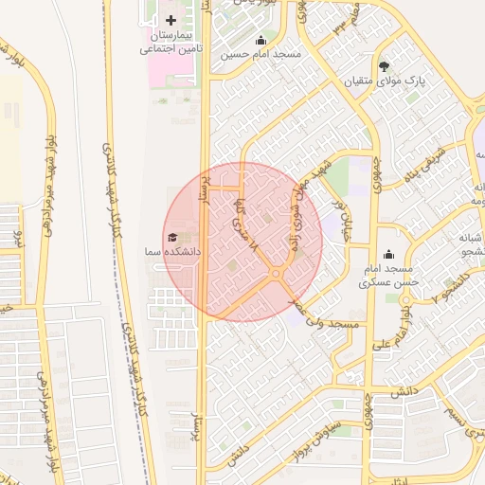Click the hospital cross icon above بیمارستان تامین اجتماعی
(x=171, y=20)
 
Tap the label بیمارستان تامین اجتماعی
(x=171, y=42)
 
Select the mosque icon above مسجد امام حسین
(x=260, y=41)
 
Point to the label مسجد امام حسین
(x=260, y=55)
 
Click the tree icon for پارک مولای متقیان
(x=384, y=66)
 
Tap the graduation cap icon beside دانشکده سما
(x=172, y=238)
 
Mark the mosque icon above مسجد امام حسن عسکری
(x=387, y=254)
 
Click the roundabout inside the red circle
(x=275, y=275)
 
